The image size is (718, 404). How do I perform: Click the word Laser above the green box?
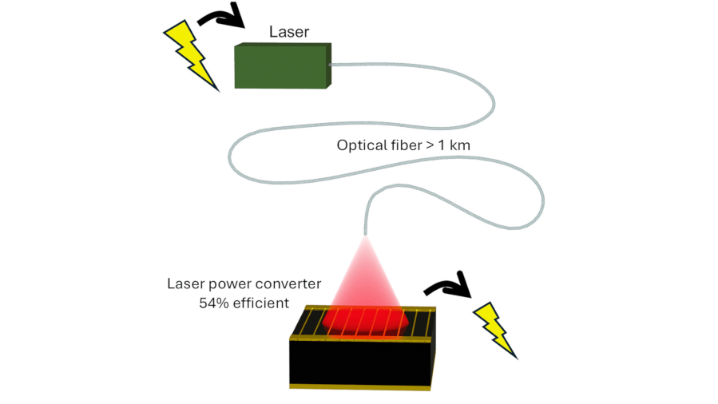tap(289, 32)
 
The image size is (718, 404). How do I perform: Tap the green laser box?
tap(283, 66)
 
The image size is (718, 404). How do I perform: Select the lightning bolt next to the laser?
tap(191, 55)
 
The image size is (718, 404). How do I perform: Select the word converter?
tap(288, 283)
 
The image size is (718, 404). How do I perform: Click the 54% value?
tap(214, 303)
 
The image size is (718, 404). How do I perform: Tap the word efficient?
tap(261, 303)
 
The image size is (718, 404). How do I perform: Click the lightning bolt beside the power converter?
tap(494, 331)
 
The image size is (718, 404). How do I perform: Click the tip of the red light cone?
tap(365, 236)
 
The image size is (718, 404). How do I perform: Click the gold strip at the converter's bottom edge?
tap(360, 387)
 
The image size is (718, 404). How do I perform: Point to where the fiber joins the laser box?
tap(331, 65)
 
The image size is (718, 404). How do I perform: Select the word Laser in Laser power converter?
tap(186, 283)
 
